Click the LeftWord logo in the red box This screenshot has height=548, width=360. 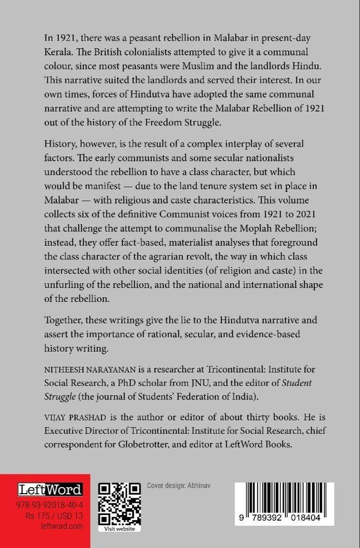(x=50, y=490)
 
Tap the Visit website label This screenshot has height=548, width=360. (x=119, y=529)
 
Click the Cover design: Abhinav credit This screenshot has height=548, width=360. (x=178, y=486)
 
